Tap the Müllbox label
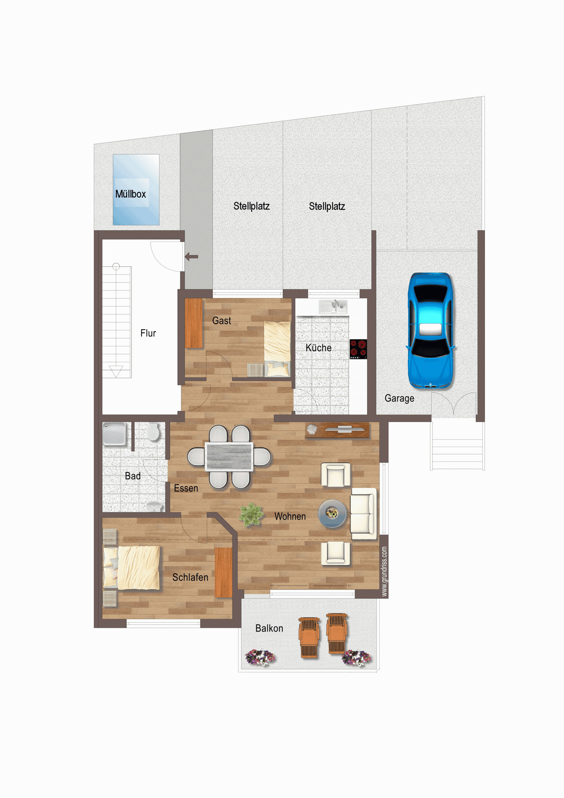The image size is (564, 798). tap(131, 194)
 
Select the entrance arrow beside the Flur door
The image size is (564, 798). tap(191, 257)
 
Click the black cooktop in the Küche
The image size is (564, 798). tap(358, 349)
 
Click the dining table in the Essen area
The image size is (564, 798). tap(229, 457)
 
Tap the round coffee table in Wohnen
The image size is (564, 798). tap(332, 513)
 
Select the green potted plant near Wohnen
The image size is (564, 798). tap(251, 514)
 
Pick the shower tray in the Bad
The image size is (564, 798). tap(115, 434)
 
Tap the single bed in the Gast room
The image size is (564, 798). tap(277, 349)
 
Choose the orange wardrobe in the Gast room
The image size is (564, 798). tap(194, 323)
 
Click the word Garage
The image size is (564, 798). tap(399, 398)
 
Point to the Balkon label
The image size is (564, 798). tap(269, 628)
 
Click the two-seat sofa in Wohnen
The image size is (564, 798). tap(363, 513)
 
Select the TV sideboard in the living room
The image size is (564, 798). tap(337, 430)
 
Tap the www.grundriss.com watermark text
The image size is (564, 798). tap(384, 571)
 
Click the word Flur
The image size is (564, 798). tap(148, 333)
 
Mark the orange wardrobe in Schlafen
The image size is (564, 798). tap(223, 572)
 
